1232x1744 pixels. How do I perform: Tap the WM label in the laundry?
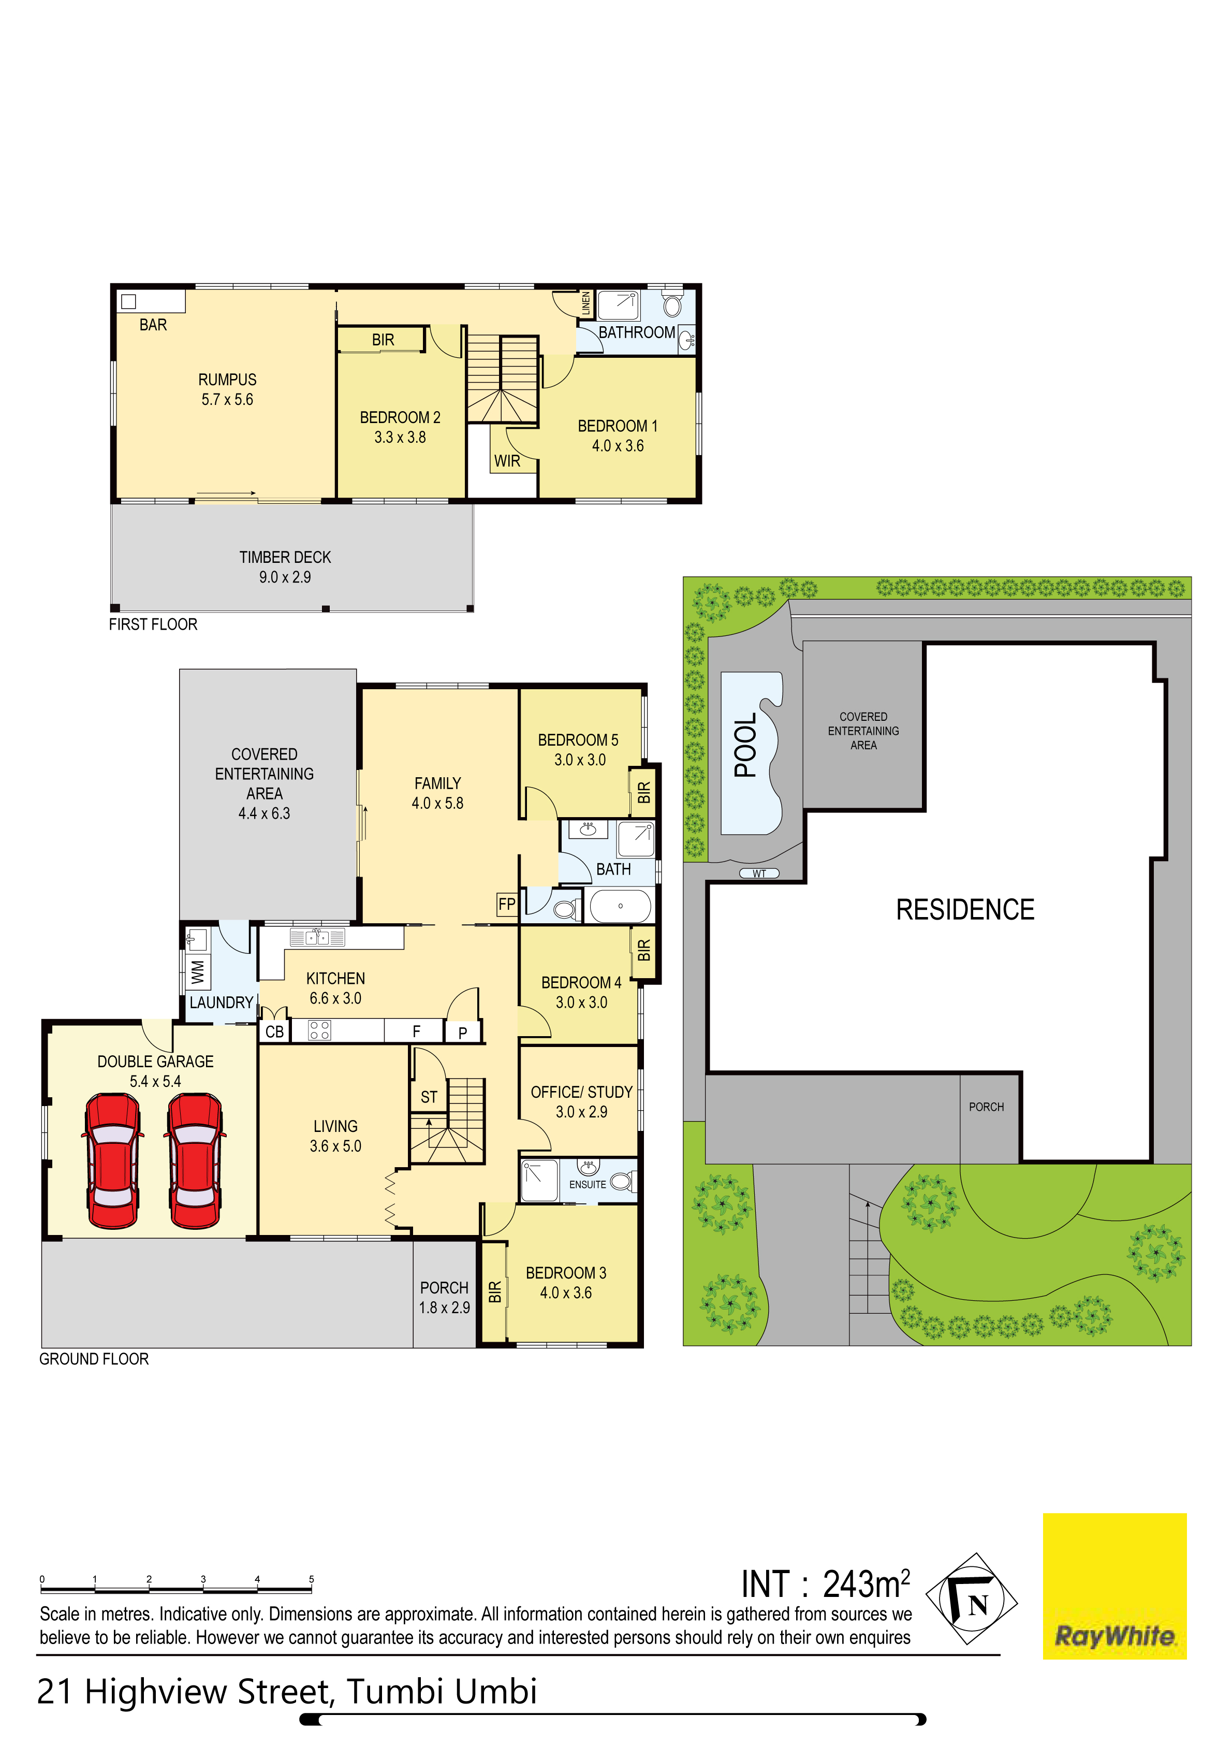[x=198, y=971]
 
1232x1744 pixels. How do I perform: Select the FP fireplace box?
[x=507, y=904]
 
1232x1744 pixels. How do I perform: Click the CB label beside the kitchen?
[x=274, y=1031]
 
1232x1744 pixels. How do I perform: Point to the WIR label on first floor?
[x=507, y=461]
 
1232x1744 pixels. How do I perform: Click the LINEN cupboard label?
[x=585, y=304]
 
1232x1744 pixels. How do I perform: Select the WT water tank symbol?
[x=759, y=874]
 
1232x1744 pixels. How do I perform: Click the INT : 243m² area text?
[x=825, y=1585]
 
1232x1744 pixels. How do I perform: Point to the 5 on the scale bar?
[x=312, y=1579]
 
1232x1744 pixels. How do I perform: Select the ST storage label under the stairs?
[x=429, y=1097]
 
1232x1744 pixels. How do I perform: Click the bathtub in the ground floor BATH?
[x=621, y=906]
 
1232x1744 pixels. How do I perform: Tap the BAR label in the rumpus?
[x=153, y=325]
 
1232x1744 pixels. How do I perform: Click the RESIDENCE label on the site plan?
[x=965, y=910]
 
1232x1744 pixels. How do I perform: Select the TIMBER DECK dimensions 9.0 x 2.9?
[x=285, y=577]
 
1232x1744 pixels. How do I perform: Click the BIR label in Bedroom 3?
[x=494, y=1291]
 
